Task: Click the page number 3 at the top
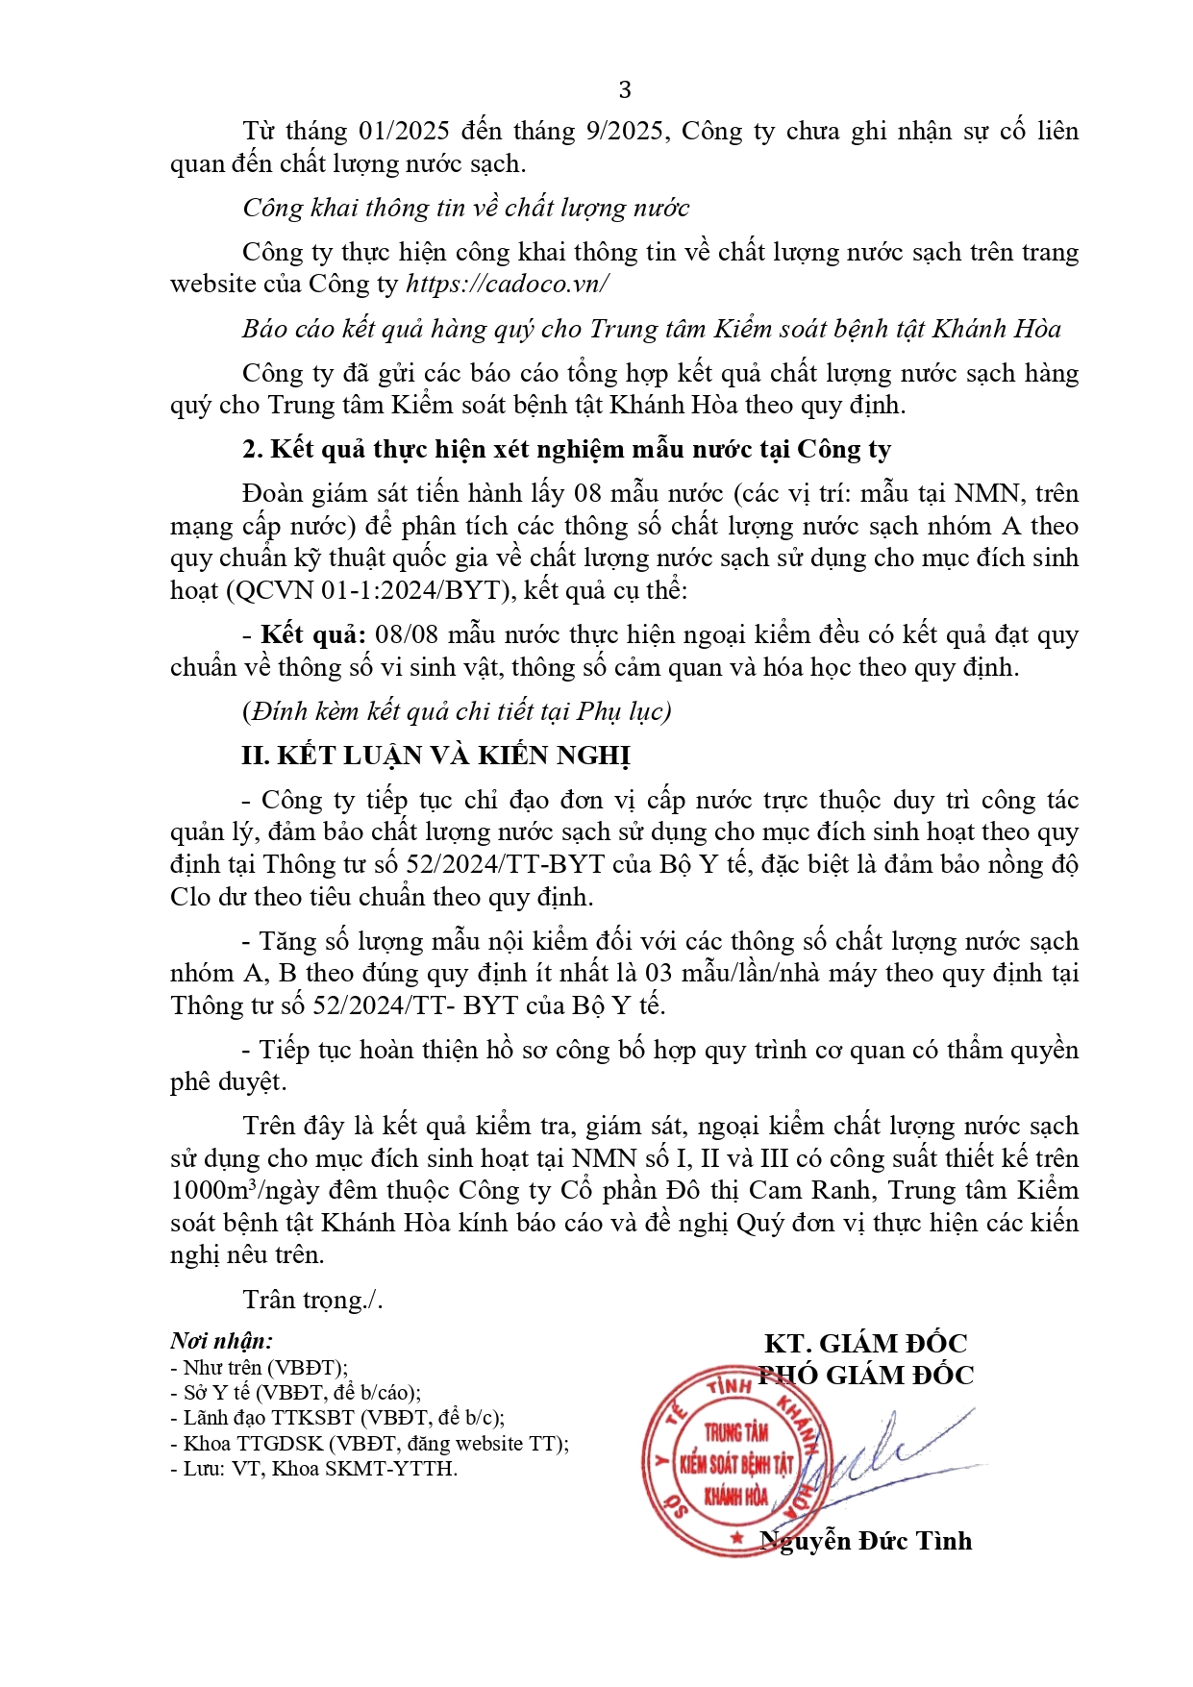tap(625, 89)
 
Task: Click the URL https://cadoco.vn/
tap(507, 285)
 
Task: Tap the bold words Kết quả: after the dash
tap(313, 635)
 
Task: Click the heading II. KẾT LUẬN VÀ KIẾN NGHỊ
tap(435, 756)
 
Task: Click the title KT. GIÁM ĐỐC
tap(865, 1343)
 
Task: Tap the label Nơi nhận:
tap(221, 1341)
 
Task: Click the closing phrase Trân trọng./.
tap(312, 1300)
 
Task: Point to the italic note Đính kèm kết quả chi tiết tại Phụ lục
tap(457, 711)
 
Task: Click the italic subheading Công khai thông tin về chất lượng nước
tap(465, 208)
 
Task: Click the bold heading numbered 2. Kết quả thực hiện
tap(566, 449)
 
